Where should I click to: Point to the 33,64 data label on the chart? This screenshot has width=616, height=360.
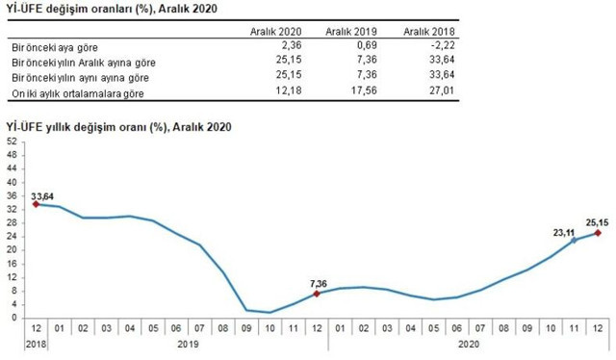(x=44, y=196)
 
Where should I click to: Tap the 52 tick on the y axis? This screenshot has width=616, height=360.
(x=12, y=141)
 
